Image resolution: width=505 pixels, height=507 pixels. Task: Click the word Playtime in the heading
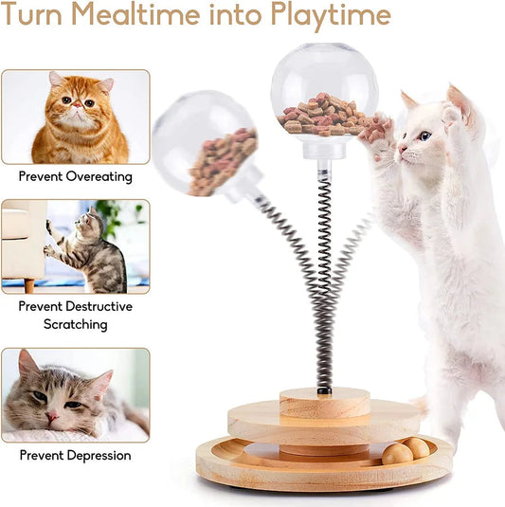click(x=331, y=16)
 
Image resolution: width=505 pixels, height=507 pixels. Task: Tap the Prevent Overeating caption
click(x=75, y=176)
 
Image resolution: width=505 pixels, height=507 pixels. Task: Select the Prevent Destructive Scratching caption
click(x=75, y=315)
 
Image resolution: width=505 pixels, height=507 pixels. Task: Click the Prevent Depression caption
click(x=75, y=455)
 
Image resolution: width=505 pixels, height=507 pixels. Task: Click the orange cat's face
click(x=81, y=100)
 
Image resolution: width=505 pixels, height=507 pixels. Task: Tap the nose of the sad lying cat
click(x=49, y=414)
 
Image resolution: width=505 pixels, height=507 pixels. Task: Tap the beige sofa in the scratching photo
click(x=24, y=237)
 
